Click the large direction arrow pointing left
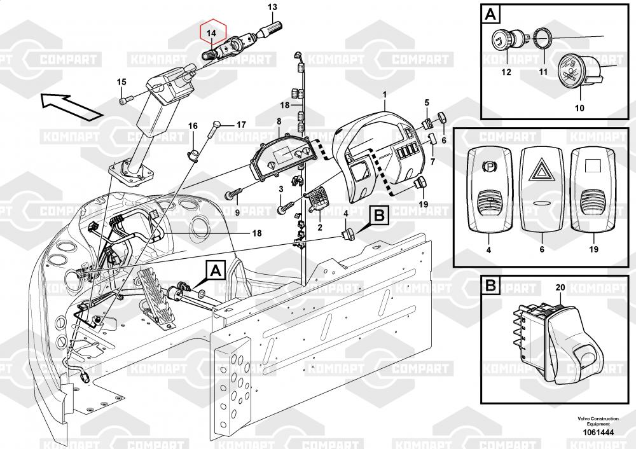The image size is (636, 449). [71, 105]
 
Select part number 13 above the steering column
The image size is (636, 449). [272, 8]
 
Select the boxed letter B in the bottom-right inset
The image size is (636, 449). [490, 286]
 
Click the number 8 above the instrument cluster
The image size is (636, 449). [279, 121]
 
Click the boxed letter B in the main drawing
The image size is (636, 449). [378, 216]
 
